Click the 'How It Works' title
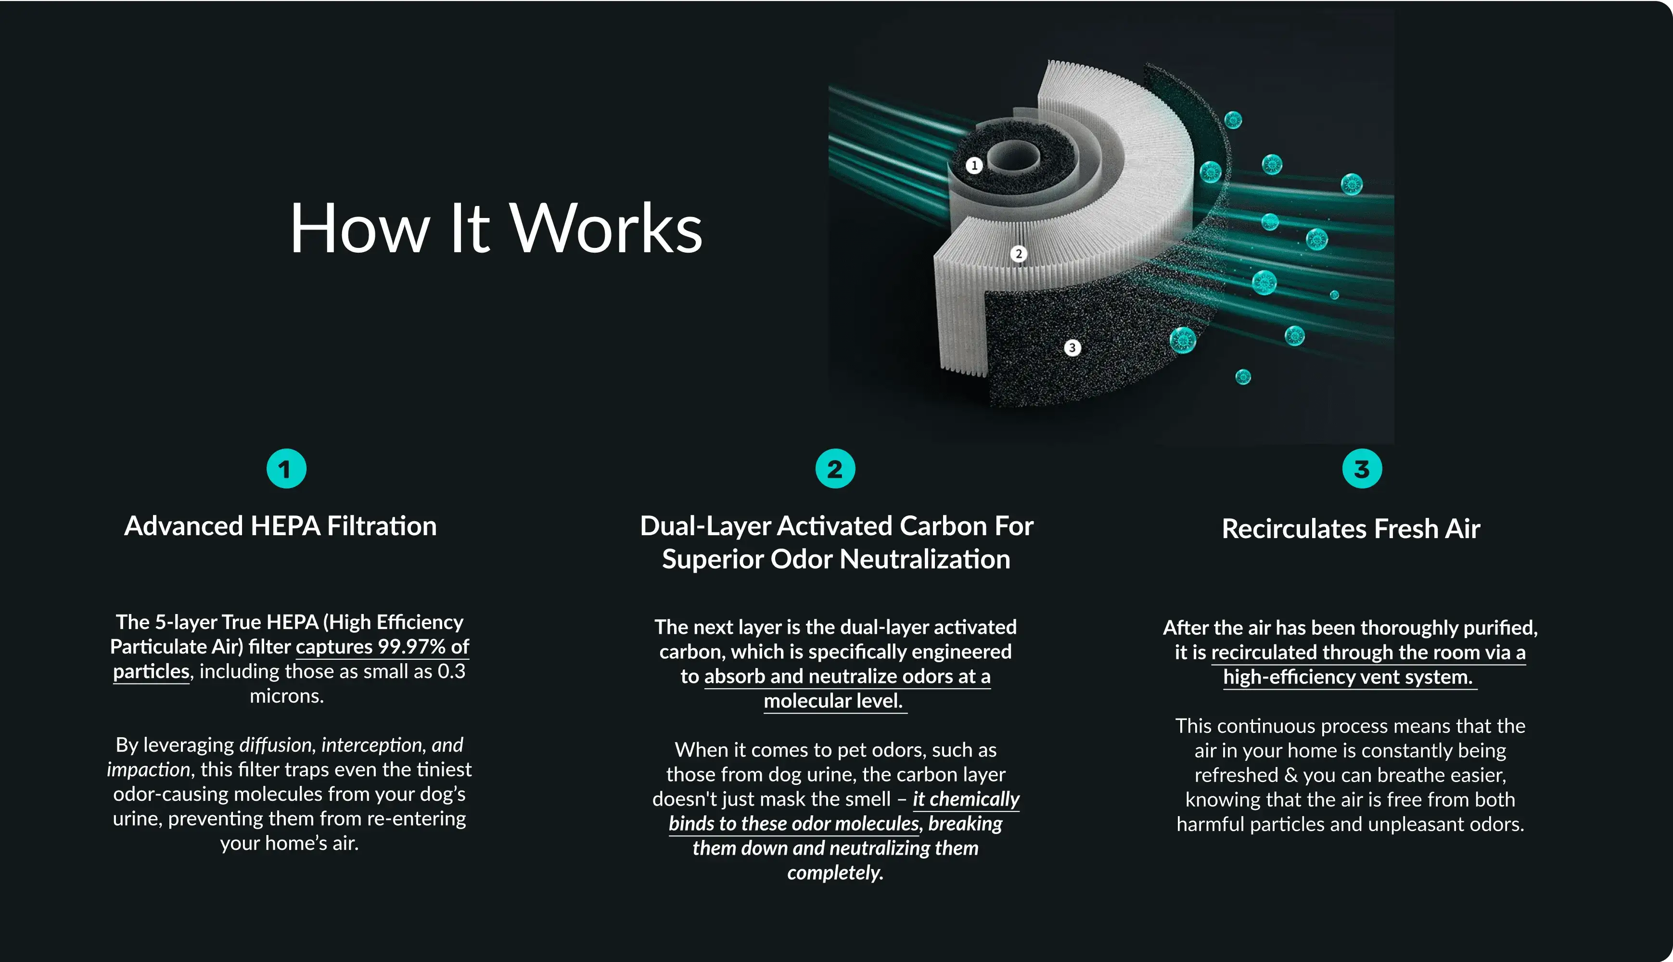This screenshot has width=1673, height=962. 496,228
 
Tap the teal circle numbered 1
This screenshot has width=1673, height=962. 286,468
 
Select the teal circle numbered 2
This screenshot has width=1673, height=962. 835,468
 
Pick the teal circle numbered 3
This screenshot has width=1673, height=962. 1362,468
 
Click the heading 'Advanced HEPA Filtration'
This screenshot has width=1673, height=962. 281,526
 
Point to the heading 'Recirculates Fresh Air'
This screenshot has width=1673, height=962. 1351,528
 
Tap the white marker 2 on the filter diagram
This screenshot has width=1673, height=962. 1019,254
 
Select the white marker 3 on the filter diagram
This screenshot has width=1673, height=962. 1072,347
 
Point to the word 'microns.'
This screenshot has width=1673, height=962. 287,696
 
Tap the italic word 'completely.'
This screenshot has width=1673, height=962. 835,873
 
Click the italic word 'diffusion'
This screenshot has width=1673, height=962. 276,744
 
